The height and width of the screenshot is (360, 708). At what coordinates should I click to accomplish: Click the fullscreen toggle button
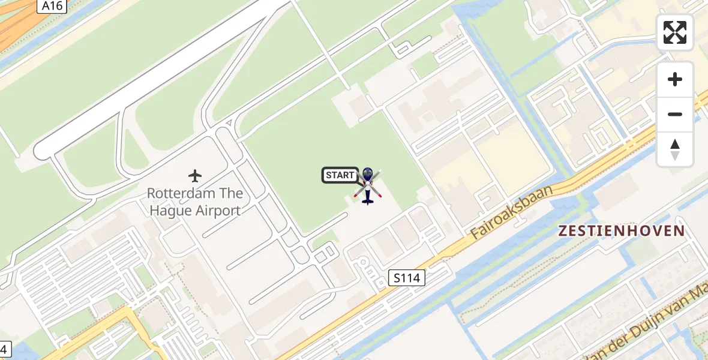[x=675, y=32]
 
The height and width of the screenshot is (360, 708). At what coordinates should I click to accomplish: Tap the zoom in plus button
[x=675, y=79]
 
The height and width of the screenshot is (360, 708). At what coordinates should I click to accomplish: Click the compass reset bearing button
[x=675, y=149]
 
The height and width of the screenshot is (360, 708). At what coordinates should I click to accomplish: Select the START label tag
[x=340, y=175]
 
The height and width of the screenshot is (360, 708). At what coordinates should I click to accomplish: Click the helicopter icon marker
[x=367, y=186]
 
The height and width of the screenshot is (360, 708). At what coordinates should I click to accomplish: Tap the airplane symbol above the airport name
[x=195, y=176]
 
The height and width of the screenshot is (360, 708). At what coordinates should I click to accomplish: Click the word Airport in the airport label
[x=214, y=211]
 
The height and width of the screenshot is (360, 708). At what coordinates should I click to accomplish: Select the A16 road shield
[x=52, y=6]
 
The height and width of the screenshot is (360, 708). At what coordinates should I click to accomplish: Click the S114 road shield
[x=406, y=278]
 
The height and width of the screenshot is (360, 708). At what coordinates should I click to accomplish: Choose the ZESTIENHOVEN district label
[x=622, y=231]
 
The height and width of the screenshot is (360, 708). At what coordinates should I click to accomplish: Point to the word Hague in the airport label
[x=167, y=211]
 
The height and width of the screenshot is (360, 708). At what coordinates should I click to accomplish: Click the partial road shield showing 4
[x=4, y=348]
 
